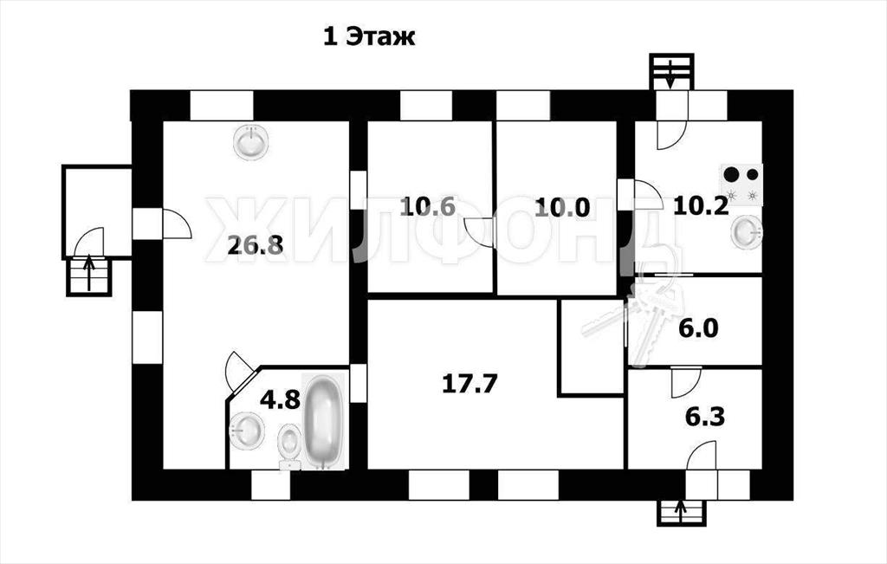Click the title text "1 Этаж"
(x=369, y=37)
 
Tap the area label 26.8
(x=256, y=245)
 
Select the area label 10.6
(x=427, y=206)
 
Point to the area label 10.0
(x=562, y=208)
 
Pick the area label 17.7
(x=469, y=384)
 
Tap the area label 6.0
(x=699, y=328)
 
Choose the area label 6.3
(x=705, y=418)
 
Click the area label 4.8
(x=280, y=400)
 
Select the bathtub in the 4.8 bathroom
(x=323, y=421)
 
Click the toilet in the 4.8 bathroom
(x=291, y=446)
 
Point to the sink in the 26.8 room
(x=251, y=141)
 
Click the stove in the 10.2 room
(x=741, y=185)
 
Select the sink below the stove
(x=747, y=232)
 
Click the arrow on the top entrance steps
(x=671, y=75)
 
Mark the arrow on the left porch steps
(x=89, y=274)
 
